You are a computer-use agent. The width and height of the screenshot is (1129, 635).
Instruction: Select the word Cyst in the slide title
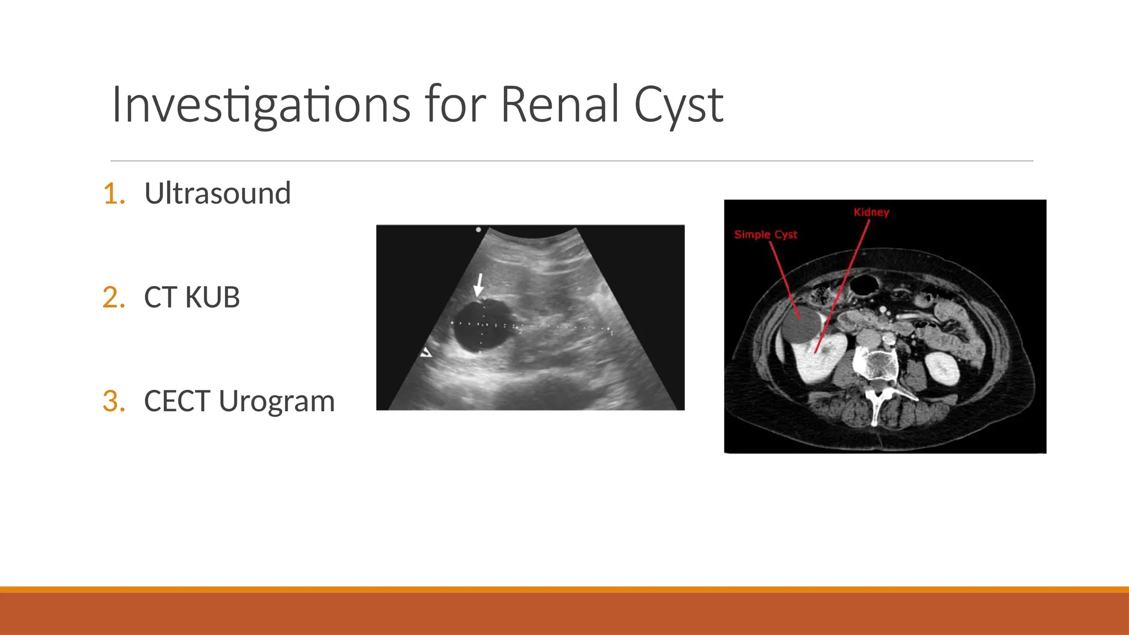click(x=678, y=106)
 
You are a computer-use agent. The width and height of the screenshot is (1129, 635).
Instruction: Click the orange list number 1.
click(x=114, y=194)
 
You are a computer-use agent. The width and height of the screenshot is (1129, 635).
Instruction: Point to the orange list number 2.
click(x=114, y=298)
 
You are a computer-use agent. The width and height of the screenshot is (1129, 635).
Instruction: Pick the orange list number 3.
click(x=114, y=401)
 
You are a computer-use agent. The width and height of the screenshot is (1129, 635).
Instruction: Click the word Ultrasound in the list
click(x=217, y=193)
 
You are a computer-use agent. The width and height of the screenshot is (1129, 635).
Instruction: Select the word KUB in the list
click(x=212, y=298)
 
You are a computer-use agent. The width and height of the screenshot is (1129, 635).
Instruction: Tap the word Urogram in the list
click(x=277, y=402)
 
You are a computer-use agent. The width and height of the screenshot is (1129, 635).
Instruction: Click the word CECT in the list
click(x=177, y=401)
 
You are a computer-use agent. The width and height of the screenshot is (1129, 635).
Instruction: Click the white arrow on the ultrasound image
click(x=479, y=285)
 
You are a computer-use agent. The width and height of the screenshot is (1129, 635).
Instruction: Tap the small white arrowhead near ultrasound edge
click(x=426, y=352)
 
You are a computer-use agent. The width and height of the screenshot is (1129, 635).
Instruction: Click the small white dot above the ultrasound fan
click(x=478, y=229)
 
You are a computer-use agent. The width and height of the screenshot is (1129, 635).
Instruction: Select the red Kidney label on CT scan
click(x=871, y=212)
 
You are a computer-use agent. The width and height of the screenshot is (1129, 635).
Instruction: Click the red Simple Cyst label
click(x=765, y=234)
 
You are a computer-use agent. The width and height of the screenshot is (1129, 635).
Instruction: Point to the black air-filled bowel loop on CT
click(x=864, y=284)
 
